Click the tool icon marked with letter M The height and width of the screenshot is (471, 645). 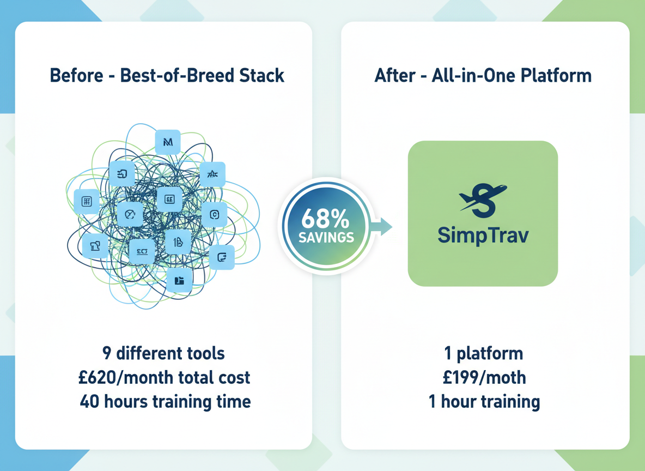coord(167,142)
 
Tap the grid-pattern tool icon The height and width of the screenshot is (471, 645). coord(87,202)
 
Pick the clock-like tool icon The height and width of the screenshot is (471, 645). coord(130,214)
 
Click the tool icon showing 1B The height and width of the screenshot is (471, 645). coord(178,242)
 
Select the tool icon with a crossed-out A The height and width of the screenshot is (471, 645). coord(212,174)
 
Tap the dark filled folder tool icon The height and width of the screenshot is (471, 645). coord(179,280)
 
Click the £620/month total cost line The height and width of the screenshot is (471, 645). coord(165,377)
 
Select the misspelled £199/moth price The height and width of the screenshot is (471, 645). coord(485,377)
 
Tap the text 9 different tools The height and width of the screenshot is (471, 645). coord(163,353)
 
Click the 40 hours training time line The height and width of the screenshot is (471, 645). coord(165,402)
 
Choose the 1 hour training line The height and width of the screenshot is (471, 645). coord(484,402)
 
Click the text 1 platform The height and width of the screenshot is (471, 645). coord(484,353)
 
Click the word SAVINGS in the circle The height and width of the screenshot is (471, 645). coord(326,237)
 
